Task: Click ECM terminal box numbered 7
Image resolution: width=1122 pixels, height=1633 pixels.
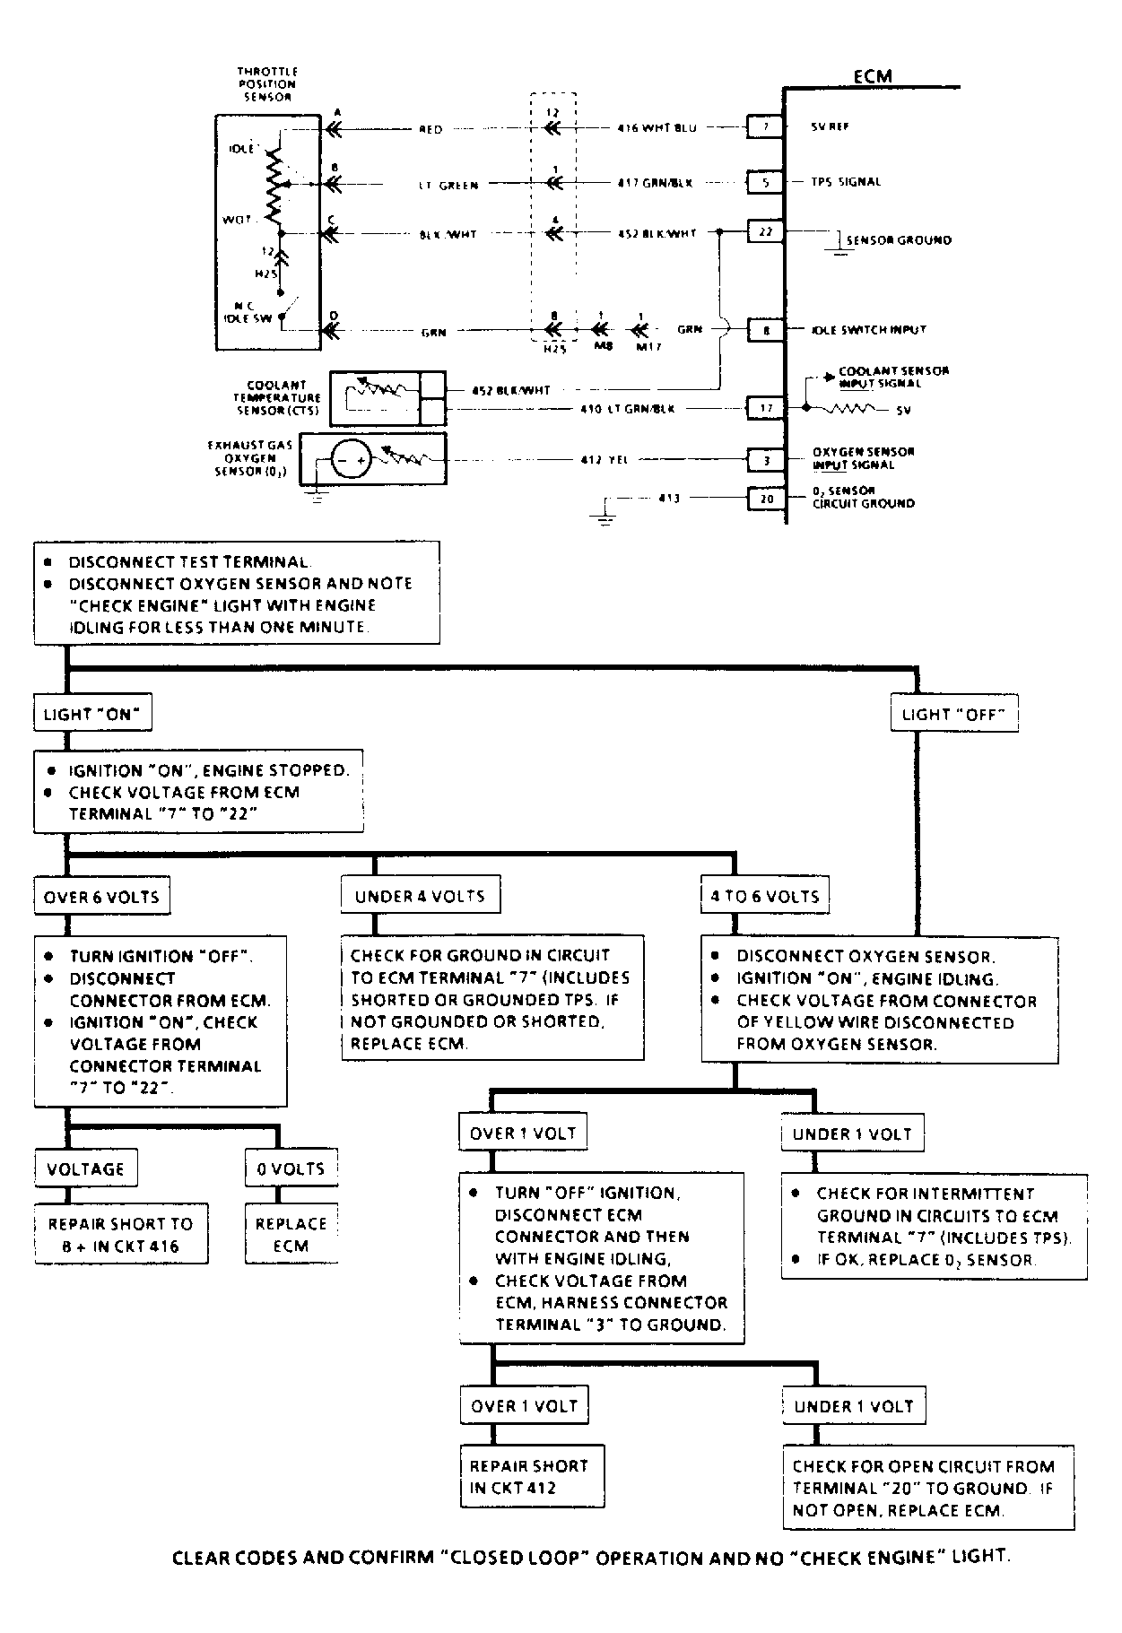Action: (x=766, y=126)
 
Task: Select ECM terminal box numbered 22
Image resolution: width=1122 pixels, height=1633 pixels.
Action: (x=766, y=231)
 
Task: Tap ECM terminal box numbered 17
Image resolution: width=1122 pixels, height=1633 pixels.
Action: (x=766, y=408)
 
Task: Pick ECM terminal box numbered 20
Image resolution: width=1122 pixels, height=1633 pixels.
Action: (x=766, y=498)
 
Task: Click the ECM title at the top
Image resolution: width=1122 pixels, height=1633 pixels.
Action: (x=872, y=76)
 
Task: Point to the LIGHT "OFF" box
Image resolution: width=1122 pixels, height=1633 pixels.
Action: (x=954, y=715)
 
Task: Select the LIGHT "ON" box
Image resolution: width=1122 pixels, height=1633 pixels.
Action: (x=92, y=715)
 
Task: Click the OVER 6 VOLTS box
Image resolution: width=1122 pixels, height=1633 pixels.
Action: (x=101, y=897)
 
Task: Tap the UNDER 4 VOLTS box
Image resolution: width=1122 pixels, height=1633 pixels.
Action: (x=420, y=896)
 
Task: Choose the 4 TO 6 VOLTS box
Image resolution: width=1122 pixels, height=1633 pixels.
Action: (x=765, y=896)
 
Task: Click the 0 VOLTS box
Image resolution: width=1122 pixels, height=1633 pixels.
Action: (x=291, y=1168)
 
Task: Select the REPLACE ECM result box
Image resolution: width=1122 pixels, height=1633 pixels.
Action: (x=291, y=1234)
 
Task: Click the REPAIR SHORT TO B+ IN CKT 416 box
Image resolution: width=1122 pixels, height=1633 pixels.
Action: (x=121, y=1234)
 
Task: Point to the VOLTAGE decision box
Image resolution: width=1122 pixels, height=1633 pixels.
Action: (x=85, y=1168)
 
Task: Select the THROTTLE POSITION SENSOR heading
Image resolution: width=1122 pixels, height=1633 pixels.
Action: (x=267, y=83)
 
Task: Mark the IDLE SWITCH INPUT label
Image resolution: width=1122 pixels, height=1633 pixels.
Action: (x=868, y=330)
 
